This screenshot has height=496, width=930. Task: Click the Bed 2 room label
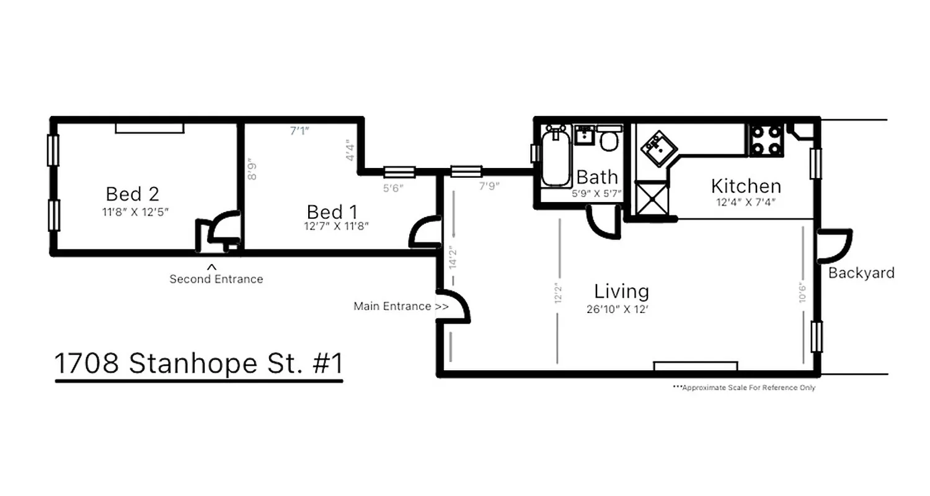[132, 194]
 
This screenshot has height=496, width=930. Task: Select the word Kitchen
[745, 186]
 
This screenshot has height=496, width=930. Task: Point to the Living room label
[621, 291]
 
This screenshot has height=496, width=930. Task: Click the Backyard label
[861, 273]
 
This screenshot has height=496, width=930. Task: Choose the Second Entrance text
[216, 279]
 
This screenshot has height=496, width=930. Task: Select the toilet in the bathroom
[609, 139]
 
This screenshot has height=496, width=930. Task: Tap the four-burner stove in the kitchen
[766, 140]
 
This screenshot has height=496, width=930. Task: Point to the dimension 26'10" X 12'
[621, 309]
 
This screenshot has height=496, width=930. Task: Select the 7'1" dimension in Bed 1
[299, 131]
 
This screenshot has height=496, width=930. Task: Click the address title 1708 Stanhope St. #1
[198, 364]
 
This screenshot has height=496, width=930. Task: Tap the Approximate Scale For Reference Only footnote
[743, 388]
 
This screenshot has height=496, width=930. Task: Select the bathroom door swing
[603, 223]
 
